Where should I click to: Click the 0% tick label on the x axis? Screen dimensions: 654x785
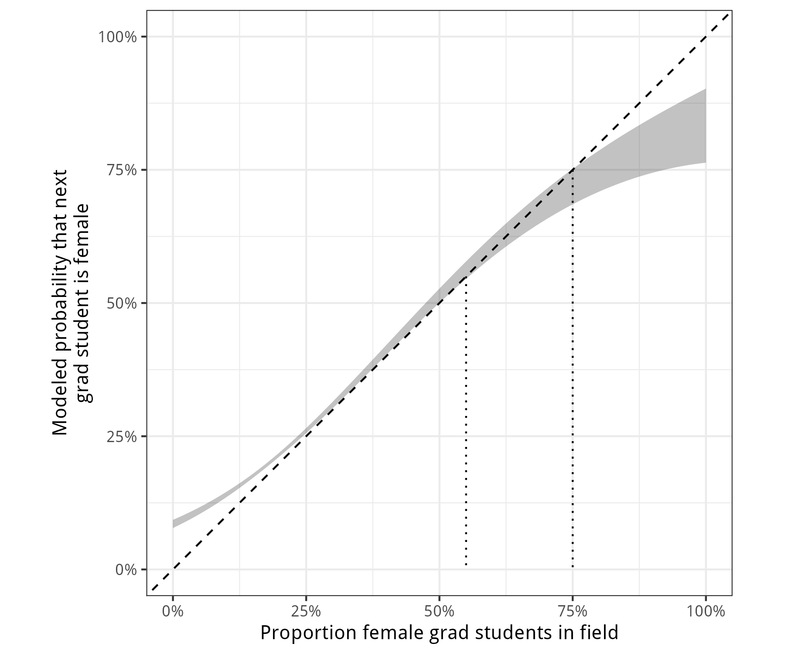coord(173,612)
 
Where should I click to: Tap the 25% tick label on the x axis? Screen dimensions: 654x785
coord(306,612)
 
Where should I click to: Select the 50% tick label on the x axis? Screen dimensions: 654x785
coord(439,612)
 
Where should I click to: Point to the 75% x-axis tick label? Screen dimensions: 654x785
coord(572,612)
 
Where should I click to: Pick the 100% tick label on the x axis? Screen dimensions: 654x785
coord(705,612)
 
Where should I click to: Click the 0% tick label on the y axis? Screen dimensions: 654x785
coord(126,570)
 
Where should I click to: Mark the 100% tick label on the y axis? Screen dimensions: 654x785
coord(118,37)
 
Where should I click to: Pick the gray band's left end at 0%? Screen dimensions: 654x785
coord(174,524)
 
